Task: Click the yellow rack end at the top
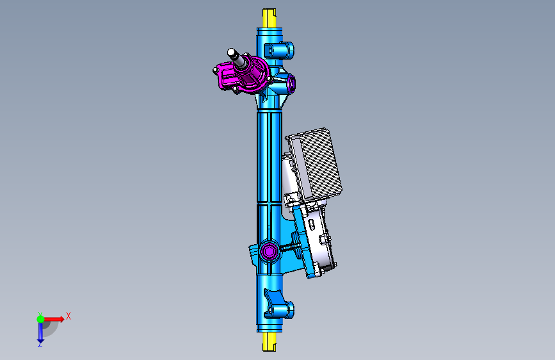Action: point(269,19)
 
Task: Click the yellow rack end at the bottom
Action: point(269,342)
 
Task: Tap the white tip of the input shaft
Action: point(232,53)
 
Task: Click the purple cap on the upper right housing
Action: point(292,83)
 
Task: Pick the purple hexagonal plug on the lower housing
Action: point(269,251)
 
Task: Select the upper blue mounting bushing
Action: point(280,51)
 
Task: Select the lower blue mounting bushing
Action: point(279,309)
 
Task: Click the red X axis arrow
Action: point(54,319)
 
